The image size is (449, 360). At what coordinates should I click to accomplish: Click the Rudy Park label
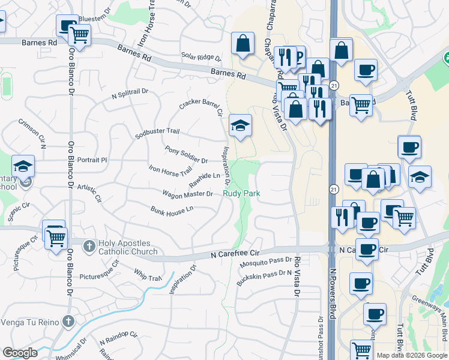241,194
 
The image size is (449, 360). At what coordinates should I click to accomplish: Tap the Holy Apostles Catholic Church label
128,247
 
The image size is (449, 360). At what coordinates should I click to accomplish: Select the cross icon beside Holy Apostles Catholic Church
89,246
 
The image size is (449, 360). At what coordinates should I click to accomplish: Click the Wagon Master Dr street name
187,194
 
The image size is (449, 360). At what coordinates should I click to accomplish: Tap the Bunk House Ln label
172,210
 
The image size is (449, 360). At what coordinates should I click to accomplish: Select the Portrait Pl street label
92,160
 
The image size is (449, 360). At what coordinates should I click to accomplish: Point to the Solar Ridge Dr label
201,57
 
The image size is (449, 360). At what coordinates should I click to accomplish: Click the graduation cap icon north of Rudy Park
241,126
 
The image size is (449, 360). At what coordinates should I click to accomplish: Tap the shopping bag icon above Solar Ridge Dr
243,44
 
